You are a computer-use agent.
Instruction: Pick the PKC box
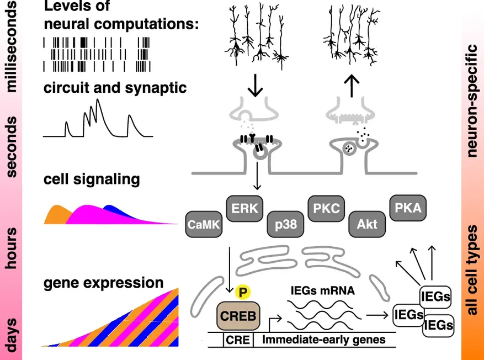(326, 209)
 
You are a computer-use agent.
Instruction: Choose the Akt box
(367, 225)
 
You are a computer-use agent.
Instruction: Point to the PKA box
(408, 208)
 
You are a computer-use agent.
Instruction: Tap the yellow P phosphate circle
(241, 291)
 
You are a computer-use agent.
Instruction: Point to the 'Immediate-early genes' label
(323, 340)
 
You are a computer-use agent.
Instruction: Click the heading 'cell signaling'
(92, 179)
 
